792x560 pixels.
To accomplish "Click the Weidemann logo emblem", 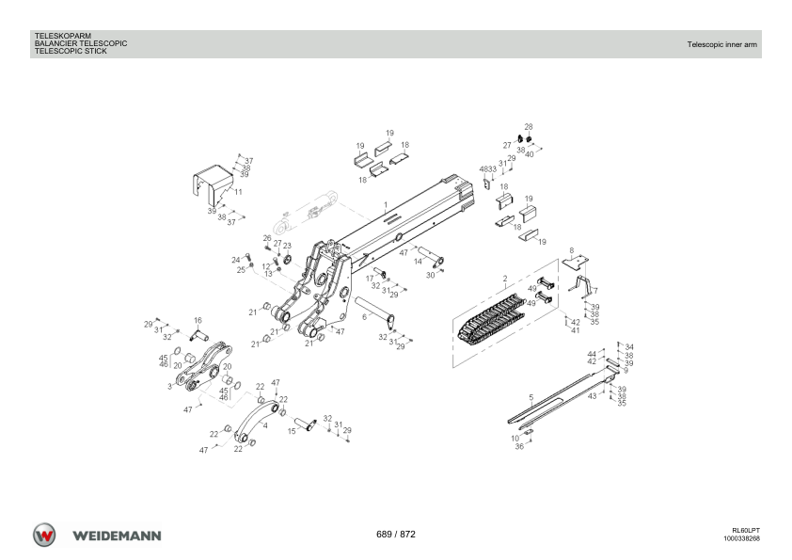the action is [44, 535].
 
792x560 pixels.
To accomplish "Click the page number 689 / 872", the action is [395, 535].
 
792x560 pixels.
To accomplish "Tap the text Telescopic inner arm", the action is [721, 44].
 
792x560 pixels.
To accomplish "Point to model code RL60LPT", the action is [746, 531].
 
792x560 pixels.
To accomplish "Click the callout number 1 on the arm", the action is [386, 204].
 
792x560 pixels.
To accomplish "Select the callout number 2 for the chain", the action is [504, 279].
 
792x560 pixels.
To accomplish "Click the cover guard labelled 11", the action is [213, 183].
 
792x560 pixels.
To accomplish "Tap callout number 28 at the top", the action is [529, 127].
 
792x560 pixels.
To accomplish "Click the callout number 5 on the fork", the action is [531, 398].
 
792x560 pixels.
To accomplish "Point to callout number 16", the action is [198, 320].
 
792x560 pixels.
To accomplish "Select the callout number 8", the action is [571, 250].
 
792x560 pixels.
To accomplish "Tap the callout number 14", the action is [419, 262].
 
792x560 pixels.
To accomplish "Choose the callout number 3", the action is [169, 387].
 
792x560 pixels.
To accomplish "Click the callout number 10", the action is [515, 439].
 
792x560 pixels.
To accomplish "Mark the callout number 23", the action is [287, 247].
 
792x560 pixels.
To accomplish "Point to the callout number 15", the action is [292, 431].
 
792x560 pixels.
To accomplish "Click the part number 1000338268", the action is [741, 538].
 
